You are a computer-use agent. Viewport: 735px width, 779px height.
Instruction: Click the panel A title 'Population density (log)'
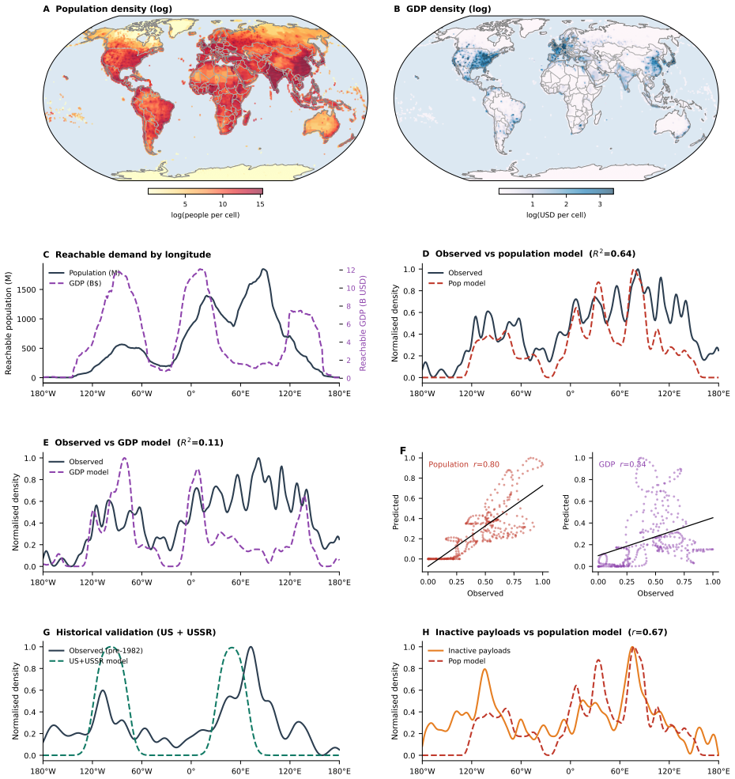click(114, 9)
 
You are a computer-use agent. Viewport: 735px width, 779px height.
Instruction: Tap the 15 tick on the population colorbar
click(260, 204)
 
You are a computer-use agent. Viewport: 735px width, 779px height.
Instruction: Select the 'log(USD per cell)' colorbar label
click(556, 215)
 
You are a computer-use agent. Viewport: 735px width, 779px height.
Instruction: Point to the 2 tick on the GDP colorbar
click(566, 204)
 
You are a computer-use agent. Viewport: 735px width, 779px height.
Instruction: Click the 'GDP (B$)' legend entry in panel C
click(85, 283)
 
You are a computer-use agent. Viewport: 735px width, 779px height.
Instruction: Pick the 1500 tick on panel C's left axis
click(28, 289)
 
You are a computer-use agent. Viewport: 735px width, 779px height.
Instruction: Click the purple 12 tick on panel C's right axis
click(351, 270)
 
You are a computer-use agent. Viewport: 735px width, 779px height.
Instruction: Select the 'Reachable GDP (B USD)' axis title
click(363, 323)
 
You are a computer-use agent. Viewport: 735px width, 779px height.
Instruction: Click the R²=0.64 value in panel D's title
click(612, 253)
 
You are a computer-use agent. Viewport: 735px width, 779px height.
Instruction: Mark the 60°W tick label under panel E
click(141, 582)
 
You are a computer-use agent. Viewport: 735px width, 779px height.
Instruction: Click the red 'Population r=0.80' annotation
click(464, 464)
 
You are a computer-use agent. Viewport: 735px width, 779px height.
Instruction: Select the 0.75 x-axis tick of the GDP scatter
click(684, 582)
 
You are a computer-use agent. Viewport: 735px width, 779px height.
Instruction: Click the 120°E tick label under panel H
click(669, 771)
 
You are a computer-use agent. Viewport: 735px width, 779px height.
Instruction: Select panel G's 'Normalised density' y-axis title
click(15, 701)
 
